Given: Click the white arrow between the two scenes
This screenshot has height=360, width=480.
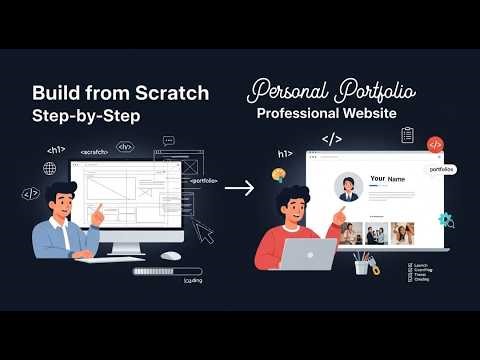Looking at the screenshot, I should click(239, 187).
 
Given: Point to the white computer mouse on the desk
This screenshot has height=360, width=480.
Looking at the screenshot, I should click(171, 255).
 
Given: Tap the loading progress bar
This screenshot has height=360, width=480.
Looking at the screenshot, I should click(167, 270).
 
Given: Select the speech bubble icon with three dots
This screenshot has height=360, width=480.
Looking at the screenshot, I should click(168, 142).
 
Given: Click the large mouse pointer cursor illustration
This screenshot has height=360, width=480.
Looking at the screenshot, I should click(203, 231).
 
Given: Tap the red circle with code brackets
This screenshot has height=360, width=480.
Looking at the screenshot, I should click(435, 144).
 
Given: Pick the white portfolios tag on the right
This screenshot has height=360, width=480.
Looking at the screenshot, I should click(440, 170).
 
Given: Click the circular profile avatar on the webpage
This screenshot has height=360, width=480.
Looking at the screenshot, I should click(349, 187).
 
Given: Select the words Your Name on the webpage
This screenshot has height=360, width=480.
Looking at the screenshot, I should click(387, 179).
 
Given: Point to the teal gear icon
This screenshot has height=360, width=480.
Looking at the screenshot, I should click(445, 219).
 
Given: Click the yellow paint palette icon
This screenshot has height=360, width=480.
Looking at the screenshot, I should click(279, 175).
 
